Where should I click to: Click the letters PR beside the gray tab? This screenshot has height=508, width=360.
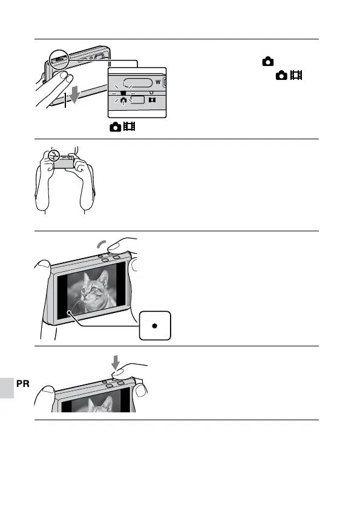[x=22, y=384]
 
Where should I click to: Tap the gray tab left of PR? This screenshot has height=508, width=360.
[x=7, y=388]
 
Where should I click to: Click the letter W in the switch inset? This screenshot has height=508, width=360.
[x=158, y=82]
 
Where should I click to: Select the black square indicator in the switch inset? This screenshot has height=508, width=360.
[x=123, y=93]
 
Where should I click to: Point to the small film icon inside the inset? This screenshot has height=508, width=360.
[x=152, y=100]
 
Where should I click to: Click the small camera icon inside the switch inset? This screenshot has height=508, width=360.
[x=123, y=101]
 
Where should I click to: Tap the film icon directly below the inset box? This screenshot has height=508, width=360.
[x=129, y=126]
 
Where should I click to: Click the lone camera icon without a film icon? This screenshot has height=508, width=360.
[x=268, y=61]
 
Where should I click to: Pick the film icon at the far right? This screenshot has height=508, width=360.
[x=296, y=75]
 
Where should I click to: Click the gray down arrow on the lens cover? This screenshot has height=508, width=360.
[x=75, y=94]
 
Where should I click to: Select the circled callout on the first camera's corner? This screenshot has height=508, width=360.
[x=59, y=59]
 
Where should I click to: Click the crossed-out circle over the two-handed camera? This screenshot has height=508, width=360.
[x=54, y=156]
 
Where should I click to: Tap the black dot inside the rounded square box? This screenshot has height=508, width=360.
[x=155, y=326]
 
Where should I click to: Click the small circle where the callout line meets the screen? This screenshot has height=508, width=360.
[x=70, y=312]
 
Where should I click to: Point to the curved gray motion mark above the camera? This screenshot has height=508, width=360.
[x=101, y=244]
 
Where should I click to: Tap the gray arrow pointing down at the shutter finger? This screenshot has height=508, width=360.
[x=116, y=363]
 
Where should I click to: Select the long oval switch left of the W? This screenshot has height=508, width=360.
[x=138, y=82]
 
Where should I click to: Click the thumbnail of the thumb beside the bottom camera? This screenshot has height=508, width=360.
[x=141, y=391]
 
